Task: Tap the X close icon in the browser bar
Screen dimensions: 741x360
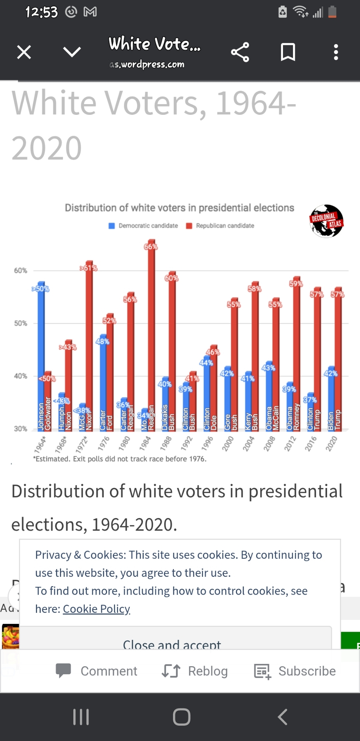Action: click(x=24, y=52)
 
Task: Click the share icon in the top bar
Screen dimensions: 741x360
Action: click(x=240, y=52)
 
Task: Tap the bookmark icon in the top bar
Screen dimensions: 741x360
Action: click(x=288, y=52)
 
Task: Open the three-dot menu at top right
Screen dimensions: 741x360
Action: click(x=336, y=52)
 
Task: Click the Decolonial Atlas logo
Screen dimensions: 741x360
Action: click(x=326, y=221)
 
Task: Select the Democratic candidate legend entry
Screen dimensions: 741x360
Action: click(x=143, y=226)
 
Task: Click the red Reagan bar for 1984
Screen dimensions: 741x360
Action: click(x=151, y=333)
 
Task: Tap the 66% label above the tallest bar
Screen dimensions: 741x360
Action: click(x=151, y=247)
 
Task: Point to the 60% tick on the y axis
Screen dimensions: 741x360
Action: click(x=21, y=271)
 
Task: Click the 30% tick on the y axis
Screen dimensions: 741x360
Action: click(x=21, y=429)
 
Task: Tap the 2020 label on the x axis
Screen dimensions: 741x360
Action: click(x=331, y=443)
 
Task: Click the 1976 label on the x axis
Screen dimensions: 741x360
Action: click(x=104, y=443)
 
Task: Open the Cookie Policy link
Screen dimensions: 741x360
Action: click(x=96, y=609)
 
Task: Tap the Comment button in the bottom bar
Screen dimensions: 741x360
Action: click(x=97, y=671)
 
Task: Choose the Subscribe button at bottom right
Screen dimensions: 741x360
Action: click(x=295, y=671)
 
